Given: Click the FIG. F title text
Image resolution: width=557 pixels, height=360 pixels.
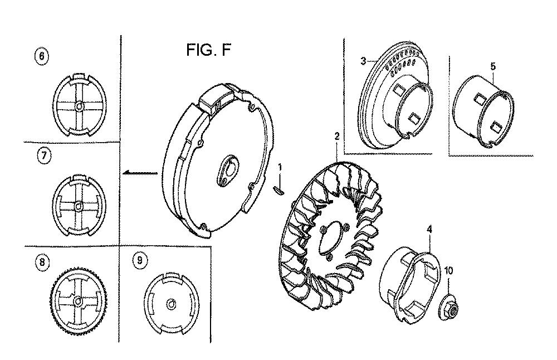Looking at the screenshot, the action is click(208, 50).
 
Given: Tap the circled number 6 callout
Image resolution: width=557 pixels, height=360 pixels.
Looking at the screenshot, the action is click(42, 56).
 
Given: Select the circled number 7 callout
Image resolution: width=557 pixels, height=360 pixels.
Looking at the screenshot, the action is click(44, 156).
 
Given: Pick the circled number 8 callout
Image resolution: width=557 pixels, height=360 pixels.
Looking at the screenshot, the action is click(42, 262).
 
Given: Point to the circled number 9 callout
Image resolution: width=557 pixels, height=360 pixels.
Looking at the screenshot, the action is click(140, 261).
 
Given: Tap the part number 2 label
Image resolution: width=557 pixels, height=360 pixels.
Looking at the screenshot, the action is click(337, 136).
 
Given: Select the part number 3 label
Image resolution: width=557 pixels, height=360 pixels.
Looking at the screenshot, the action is click(363, 61).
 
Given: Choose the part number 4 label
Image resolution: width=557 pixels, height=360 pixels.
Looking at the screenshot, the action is click(429, 230).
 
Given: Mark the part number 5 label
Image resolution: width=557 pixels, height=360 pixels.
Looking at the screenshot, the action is click(493, 66).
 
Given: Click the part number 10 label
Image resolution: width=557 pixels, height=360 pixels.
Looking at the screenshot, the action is click(448, 271).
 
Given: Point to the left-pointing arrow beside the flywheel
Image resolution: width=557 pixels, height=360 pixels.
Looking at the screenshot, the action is click(140, 173).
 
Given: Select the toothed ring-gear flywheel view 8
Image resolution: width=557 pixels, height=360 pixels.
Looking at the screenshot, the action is click(78, 300).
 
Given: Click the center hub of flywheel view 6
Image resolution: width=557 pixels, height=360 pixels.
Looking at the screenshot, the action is click(79, 105).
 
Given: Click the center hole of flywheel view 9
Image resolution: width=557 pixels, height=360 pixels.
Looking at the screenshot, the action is click(171, 304).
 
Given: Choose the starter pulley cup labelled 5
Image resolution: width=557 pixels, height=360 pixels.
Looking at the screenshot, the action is click(485, 110).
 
